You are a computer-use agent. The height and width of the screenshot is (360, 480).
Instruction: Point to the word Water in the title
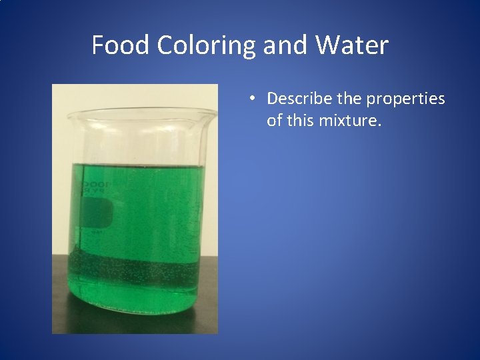coord(351,45)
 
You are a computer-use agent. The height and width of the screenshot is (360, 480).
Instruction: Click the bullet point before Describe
coord(251,99)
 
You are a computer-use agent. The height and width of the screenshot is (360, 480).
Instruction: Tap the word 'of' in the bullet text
coord(274,121)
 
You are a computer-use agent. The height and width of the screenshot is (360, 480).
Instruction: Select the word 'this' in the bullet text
coord(300,121)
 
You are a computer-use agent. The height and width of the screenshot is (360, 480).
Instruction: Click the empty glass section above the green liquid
coord(140,143)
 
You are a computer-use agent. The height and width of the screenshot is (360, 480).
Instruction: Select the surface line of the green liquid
coord(140,167)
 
